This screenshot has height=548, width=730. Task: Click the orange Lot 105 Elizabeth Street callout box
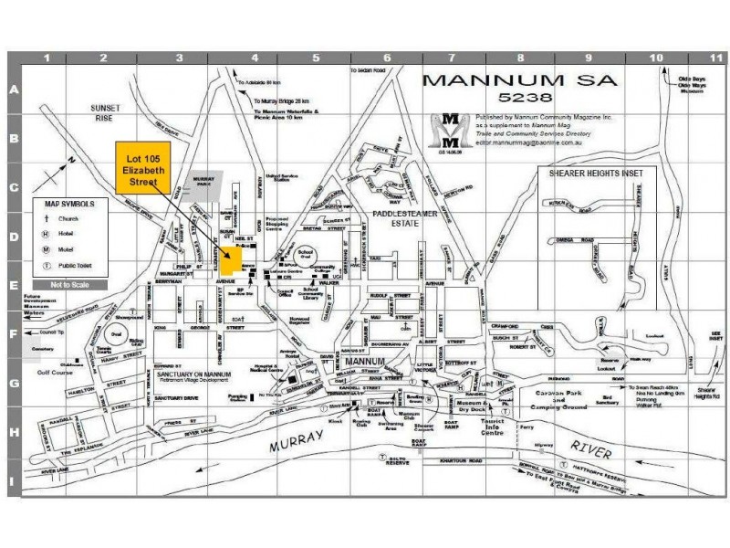pos(144,167)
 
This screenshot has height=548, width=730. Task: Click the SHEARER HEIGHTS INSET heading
pos(595,172)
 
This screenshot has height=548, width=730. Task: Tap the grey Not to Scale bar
pos(68,285)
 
